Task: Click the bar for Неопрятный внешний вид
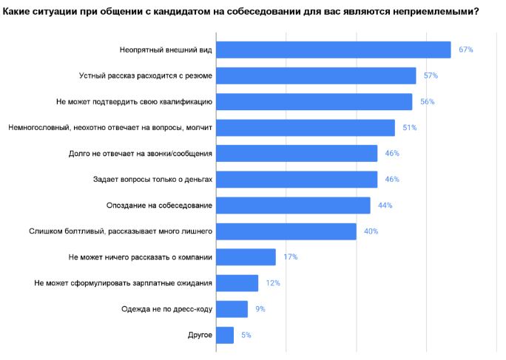pyautogui.click(x=334, y=50)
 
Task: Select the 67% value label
pyautogui.click(x=465, y=50)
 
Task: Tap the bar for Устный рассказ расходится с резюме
pyautogui.click(x=317, y=75)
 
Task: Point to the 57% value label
pyautogui.click(x=431, y=75)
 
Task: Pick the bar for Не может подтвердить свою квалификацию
pyautogui.click(x=314, y=101)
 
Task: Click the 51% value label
pyautogui.click(x=409, y=128)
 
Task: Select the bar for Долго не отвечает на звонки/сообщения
pyautogui.click(x=297, y=154)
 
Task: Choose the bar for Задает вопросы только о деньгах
pyautogui.click(x=297, y=180)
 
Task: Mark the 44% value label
pyautogui.click(x=385, y=206)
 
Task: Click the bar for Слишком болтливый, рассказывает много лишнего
pyautogui.click(x=286, y=231)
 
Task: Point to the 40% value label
pyautogui.click(x=371, y=231)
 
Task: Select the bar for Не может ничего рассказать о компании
pyautogui.click(x=246, y=257)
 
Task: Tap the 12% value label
pyautogui.click(x=273, y=283)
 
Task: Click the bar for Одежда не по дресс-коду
pyautogui.click(x=232, y=309)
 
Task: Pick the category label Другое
pyautogui.click(x=201, y=336)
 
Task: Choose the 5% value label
pyautogui.click(x=246, y=336)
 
